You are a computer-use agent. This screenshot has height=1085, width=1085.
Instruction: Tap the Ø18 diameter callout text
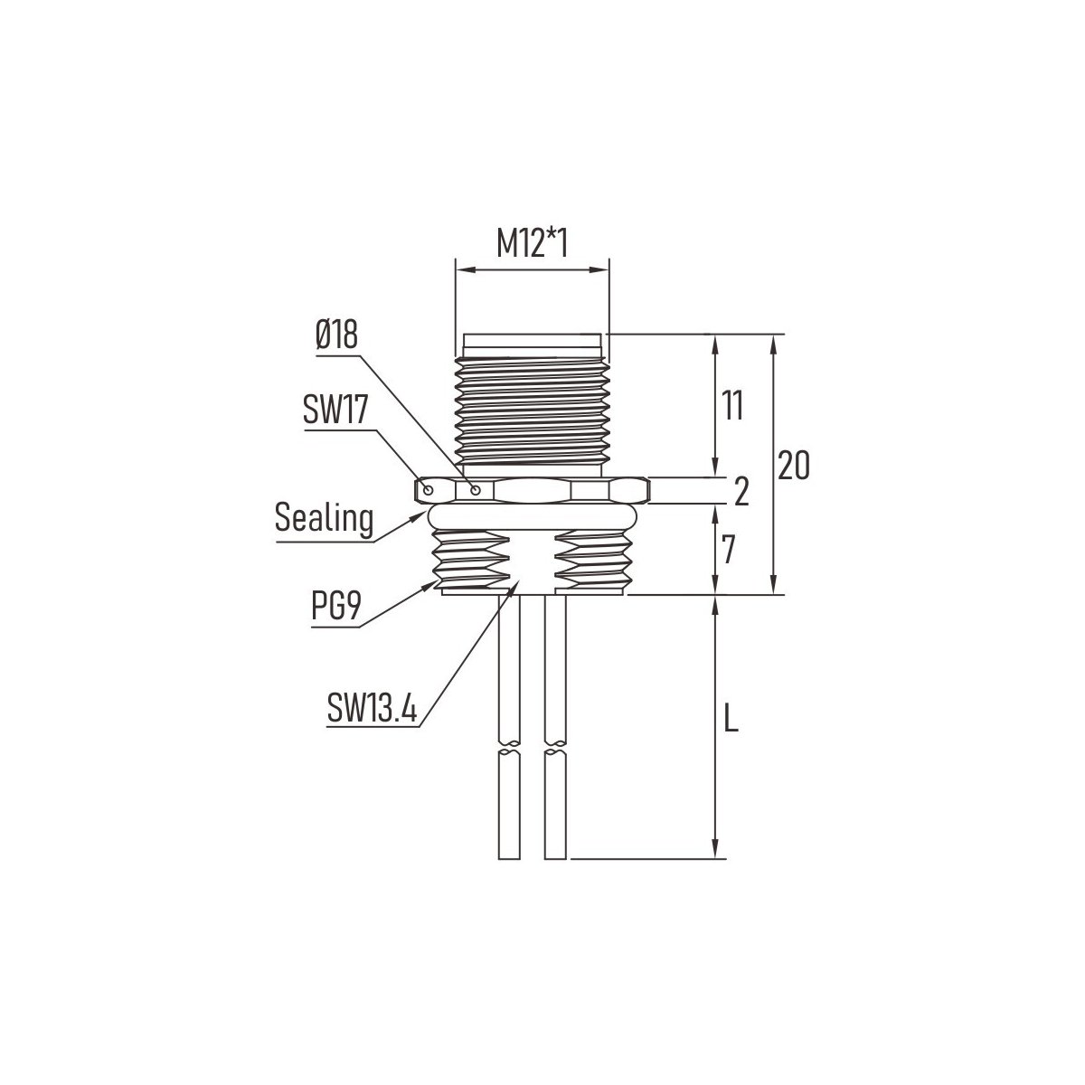[336, 335]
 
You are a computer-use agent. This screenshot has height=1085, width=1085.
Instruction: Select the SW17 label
[335, 409]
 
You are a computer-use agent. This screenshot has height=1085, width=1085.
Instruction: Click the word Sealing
[325, 518]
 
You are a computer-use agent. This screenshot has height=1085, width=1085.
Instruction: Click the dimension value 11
[732, 405]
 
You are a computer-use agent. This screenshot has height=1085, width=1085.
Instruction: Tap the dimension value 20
[794, 465]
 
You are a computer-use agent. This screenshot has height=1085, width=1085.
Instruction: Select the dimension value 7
[728, 550]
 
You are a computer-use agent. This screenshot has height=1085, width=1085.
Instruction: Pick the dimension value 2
[741, 491]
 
